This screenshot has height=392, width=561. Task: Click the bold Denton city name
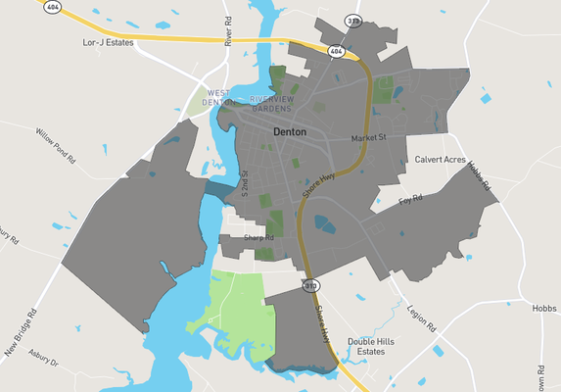(x=289, y=131)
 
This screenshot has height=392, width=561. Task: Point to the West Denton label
(x=219, y=97)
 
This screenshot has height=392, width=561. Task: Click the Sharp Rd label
(x=258, y=238)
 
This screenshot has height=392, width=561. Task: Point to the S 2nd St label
(x=246, y=184)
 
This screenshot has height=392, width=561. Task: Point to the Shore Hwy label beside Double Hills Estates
(x=324, y=323)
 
